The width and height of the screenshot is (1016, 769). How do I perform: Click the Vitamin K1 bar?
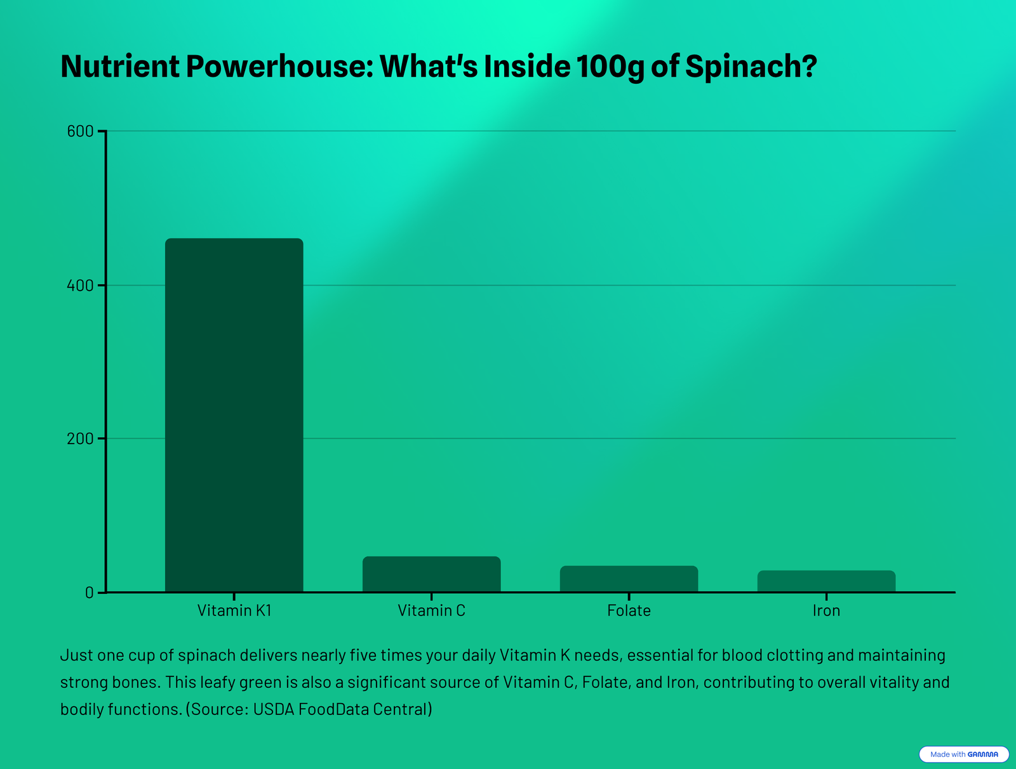click(x=234, y=416)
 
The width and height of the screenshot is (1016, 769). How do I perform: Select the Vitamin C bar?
click(x=431, y=574)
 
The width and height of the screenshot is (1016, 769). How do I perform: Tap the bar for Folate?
click(x=629, y=579)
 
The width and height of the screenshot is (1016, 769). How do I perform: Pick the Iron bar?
click(x=826, y=581)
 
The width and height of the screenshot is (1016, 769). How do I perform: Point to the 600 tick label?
click(x=80, y=131)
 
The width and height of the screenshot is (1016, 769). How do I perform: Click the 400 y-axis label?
click(x=80, y=286)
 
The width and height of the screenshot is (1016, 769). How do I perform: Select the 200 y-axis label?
click(x=80, y=439)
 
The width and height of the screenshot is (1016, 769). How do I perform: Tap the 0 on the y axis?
click(x=89, y=593)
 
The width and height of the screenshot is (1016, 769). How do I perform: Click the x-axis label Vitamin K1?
click(x=234, y=611)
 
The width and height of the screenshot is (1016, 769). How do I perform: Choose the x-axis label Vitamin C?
click(x=431, y=611)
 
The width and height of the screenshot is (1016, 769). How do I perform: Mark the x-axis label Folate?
click(x=629, y=611)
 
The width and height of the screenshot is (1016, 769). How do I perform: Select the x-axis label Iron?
click(x=826, y=611)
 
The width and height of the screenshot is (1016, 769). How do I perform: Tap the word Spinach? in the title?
click(x=751, y=67)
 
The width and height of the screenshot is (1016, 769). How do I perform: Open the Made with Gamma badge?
click(x=963, y=754)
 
